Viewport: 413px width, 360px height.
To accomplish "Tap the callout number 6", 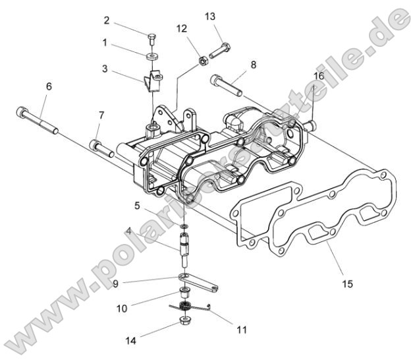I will pos(49,86).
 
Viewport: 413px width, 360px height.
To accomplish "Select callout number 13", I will pos(210,15).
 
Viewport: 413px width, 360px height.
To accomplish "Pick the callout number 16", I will pos(319,77).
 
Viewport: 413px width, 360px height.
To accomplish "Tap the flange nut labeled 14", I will pos(180,324).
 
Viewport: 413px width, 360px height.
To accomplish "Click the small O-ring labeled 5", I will pos(184,227).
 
